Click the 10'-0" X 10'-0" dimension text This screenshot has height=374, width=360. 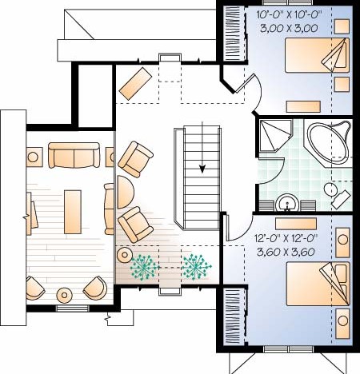pos(289,14)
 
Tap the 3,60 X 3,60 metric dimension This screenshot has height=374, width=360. pos(286,252)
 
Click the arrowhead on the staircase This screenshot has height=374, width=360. pos(202,169)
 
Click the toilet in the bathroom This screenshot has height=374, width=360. pos(336,195)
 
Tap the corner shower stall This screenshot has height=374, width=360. pos(276,136)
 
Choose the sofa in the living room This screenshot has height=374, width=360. pos(74,155)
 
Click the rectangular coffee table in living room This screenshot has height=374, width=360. pos(73,212)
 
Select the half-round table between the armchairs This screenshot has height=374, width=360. pos(125,192)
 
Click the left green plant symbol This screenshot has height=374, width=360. pos(144,267)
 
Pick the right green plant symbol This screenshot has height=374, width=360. pos(197,267)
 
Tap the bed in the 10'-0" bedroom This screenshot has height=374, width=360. pos(317,55)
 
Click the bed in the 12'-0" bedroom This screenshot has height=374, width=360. pos(318,284)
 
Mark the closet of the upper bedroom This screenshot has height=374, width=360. pos(235,34)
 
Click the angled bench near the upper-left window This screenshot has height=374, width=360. pos(135,84)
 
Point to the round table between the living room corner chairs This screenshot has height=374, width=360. pos(64,295)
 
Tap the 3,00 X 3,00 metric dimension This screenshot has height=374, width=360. pos(289,28)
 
